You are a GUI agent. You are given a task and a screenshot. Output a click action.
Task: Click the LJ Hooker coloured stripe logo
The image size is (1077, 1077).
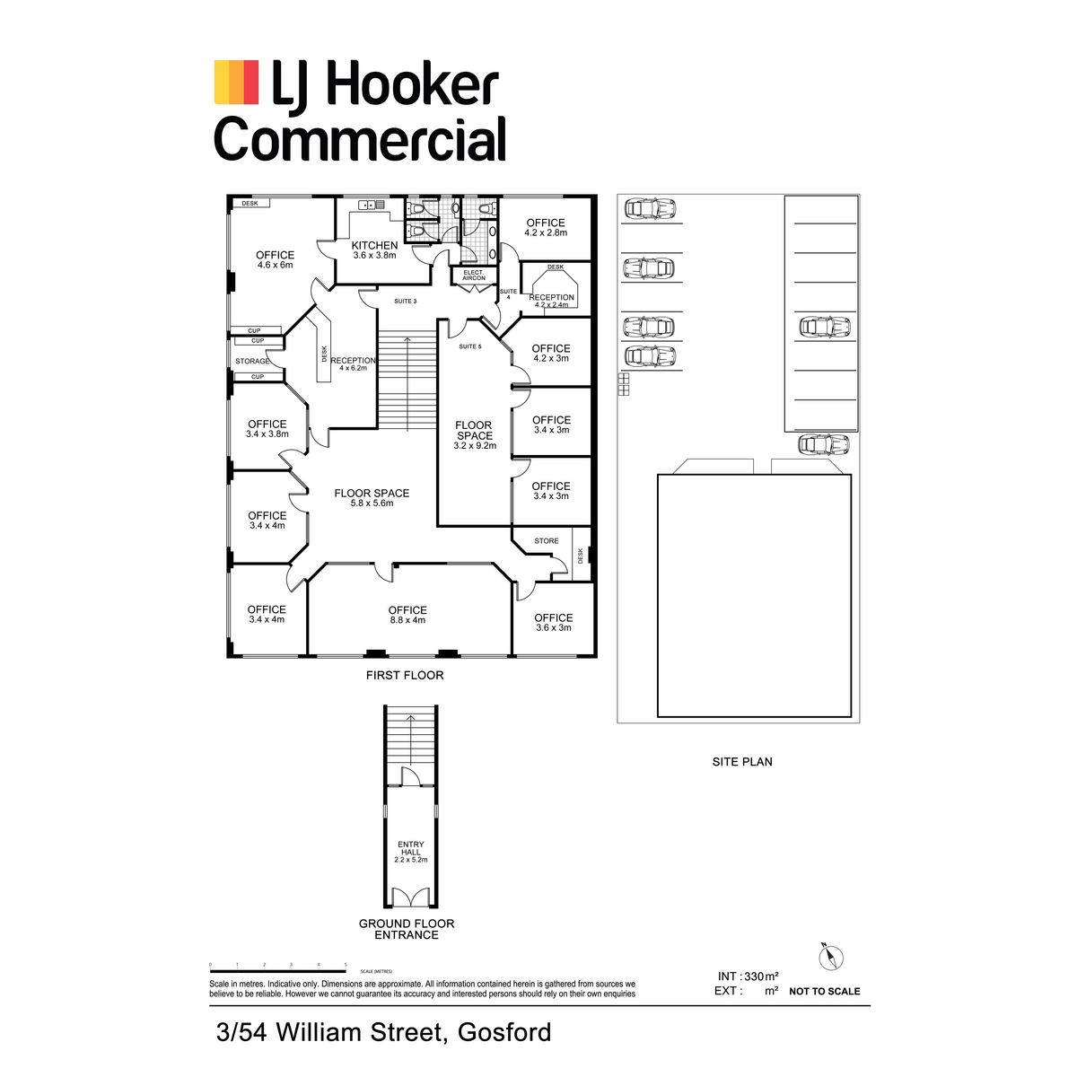(236, 83)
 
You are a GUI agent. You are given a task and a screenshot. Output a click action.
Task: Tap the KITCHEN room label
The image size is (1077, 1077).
(374, 245)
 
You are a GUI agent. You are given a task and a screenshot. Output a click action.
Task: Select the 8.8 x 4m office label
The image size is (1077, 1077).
(407, 615)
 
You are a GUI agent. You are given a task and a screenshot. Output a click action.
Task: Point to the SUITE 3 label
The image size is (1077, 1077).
(405, 302)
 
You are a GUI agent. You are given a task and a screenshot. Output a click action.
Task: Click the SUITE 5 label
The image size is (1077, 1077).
(470, 346)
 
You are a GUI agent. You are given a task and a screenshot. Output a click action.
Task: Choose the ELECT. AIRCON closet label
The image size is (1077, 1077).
(474, 275)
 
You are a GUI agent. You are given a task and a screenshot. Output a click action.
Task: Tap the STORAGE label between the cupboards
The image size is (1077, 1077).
(252, 361)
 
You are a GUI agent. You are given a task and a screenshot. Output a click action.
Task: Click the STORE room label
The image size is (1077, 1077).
(546, 541)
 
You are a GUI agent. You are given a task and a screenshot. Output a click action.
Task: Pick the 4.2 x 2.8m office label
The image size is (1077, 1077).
(546, 227)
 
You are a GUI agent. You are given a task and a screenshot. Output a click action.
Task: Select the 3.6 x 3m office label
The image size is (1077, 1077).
(554, 623)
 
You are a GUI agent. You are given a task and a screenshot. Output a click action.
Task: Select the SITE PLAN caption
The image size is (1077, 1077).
(742, 762)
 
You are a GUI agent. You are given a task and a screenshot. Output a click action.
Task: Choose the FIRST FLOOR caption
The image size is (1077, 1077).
(405, 675)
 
